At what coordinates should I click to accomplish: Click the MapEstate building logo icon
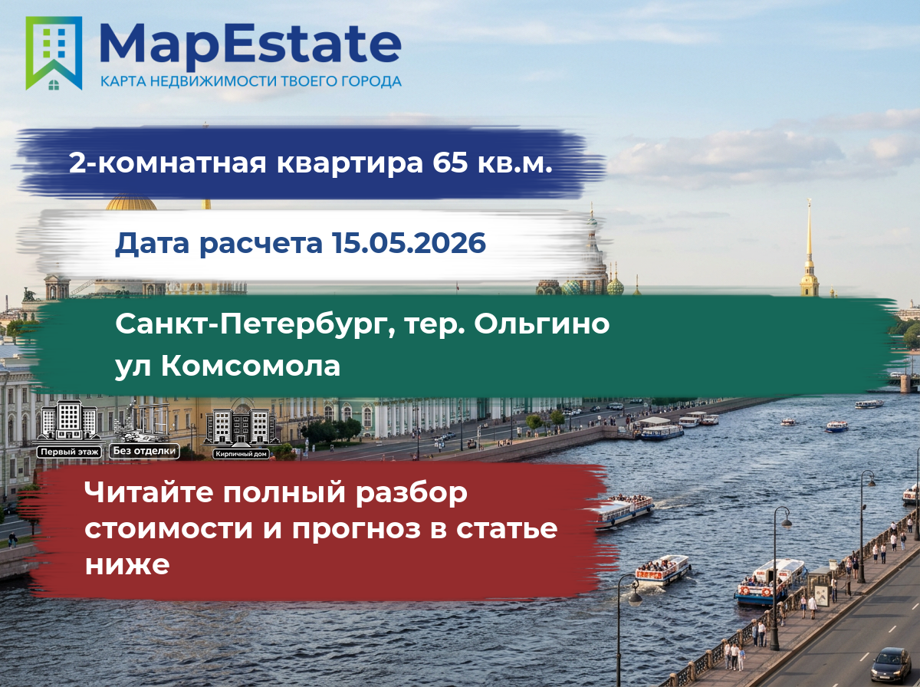pos(54,53)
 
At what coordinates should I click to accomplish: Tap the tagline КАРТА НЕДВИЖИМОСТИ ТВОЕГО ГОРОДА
pos(251,81)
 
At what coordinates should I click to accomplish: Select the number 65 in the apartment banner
pos(450,163)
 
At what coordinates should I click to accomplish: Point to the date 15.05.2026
pos(409,243)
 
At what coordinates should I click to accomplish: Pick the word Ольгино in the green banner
pos(541,325)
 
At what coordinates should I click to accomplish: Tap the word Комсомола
pos(250,366)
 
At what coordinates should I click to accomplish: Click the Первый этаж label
pos(69,452)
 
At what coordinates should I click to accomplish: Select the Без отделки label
pos(144,451)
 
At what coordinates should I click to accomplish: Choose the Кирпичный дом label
pos(241,454)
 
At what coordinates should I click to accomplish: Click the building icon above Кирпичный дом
pos(242,427)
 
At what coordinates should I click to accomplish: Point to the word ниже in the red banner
pos(127,564)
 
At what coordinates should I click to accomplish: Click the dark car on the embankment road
pos(891,665)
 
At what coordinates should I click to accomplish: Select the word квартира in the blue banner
pos(350,163)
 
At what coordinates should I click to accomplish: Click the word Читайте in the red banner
pos(150,492)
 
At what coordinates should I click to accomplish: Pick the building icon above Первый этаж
pos(68,421)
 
